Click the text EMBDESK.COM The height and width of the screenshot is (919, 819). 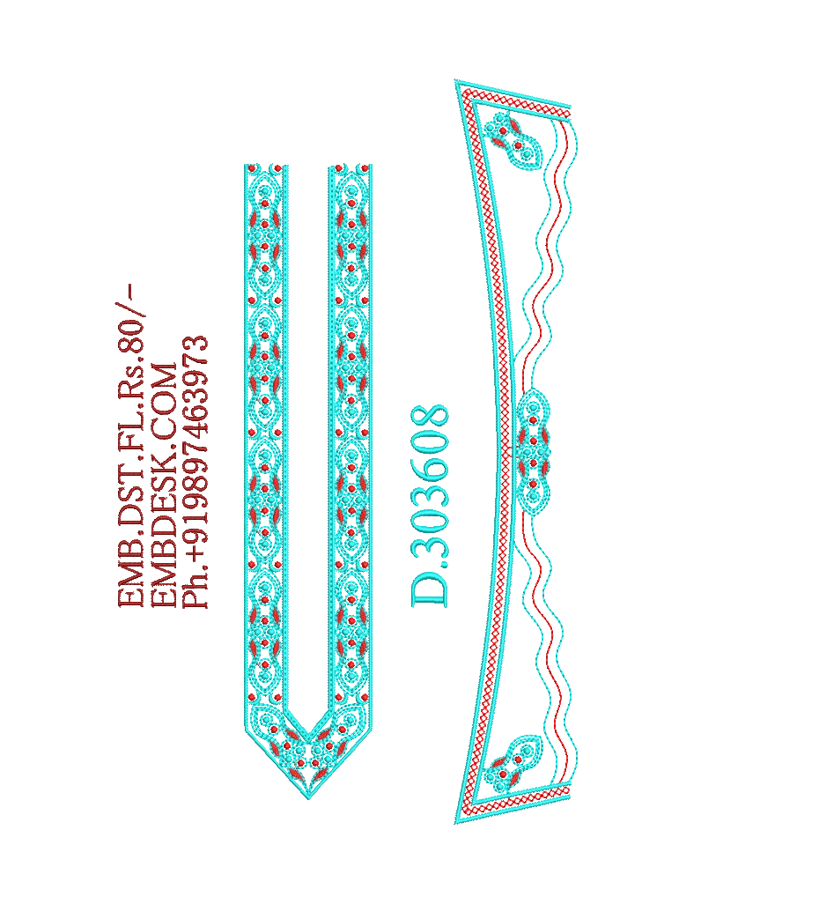coord(165,485)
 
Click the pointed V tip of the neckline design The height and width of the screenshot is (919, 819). coord(309,797)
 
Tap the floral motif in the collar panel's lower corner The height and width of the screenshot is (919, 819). coord(512,763)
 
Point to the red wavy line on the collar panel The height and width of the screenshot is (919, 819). coord(539,452)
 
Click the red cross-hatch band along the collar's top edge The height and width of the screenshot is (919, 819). coord(515,99)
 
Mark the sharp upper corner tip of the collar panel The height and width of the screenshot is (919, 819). coord(456,81)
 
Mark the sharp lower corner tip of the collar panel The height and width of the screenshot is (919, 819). coord(456,823)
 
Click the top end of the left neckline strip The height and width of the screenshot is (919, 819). coord(266,166)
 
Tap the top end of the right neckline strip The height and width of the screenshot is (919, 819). coord(350,166)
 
